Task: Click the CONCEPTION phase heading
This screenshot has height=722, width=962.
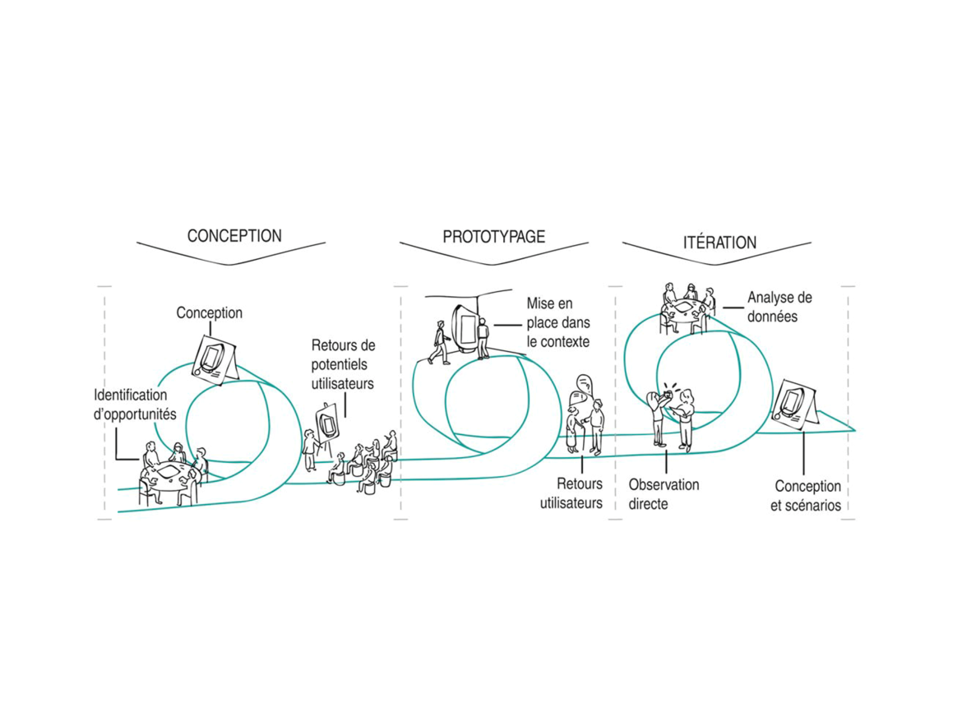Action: [234, 236]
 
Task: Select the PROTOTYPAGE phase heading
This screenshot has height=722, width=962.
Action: [494, 237]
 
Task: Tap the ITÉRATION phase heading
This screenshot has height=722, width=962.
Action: [719, 243]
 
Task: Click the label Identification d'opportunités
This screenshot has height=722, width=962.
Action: [135, 405]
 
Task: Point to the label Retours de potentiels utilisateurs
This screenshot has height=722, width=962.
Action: [343, 364]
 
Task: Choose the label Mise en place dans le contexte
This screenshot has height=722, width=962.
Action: [558, 322]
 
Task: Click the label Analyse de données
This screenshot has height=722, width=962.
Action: [779, 307]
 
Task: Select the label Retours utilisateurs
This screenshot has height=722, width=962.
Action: [571, 494]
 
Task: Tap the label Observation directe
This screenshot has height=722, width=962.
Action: [664, 494]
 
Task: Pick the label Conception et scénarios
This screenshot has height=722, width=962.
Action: [806, 496]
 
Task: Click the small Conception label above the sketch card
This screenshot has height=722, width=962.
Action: [209, 312]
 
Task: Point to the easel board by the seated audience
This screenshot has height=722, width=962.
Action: [327, 422]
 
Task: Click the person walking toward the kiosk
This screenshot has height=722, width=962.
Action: [439, 342]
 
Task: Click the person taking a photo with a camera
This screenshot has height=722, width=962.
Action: [658, 417]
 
